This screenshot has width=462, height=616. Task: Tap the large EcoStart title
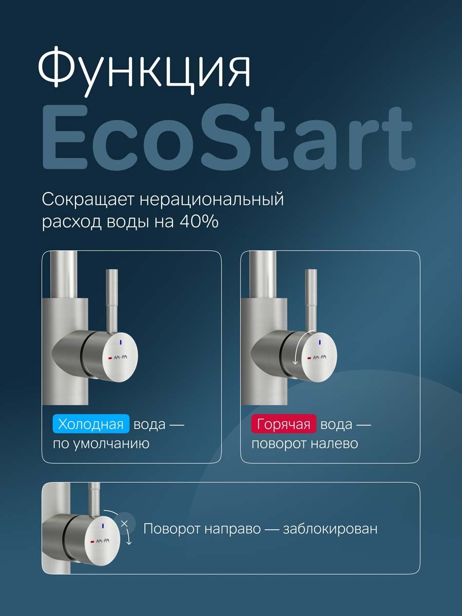[x=227, y=140]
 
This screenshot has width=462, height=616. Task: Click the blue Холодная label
[x=91, y=425]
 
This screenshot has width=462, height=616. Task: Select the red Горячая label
[x=284, y=425]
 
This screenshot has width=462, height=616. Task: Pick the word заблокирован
[x=330, y=529]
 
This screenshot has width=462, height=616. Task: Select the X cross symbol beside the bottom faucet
[x=124, y=524]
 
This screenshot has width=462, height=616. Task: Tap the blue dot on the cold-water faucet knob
[x=120, y=341]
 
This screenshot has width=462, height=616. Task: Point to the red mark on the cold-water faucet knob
[x=109, y=358]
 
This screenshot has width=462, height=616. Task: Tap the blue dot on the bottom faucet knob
[x=103, y=526]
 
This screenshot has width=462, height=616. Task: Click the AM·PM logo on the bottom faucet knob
[x=103, y=541]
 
